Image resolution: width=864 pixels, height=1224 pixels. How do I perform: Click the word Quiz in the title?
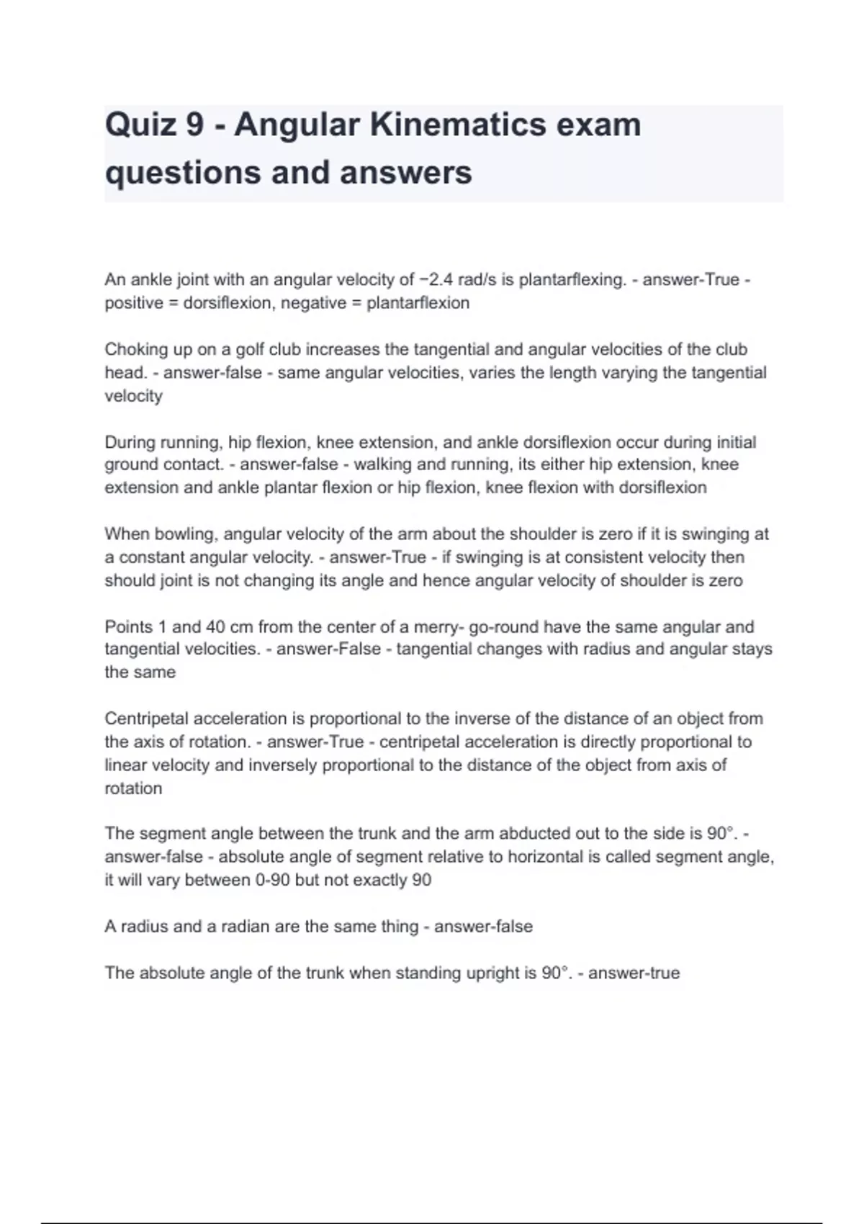click(x=140, y=125)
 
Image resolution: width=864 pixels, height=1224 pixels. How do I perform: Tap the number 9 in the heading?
click(x=194, y=125)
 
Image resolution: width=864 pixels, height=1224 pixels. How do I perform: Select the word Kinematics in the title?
click(x=449, y=125)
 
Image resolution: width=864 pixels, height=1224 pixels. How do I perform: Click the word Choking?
click(x=133, y=349)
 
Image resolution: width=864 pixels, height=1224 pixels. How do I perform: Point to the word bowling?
click(x=189, y=534)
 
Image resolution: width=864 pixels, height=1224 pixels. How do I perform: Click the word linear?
click(x=127, y=765)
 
